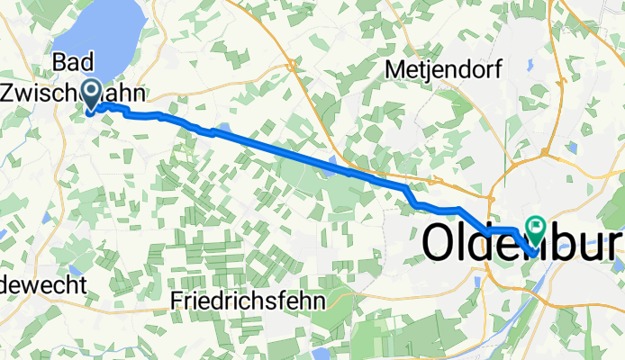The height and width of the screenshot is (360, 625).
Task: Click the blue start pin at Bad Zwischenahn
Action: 91,94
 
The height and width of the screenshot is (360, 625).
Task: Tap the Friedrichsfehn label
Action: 247,301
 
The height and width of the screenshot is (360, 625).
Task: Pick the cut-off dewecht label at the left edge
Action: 42,286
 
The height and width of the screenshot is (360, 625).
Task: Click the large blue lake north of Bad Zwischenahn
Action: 99,36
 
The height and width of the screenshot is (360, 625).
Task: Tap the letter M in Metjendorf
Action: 397,68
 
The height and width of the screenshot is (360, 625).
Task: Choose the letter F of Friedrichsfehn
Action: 176,301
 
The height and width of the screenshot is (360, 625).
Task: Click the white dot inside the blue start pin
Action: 91,89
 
